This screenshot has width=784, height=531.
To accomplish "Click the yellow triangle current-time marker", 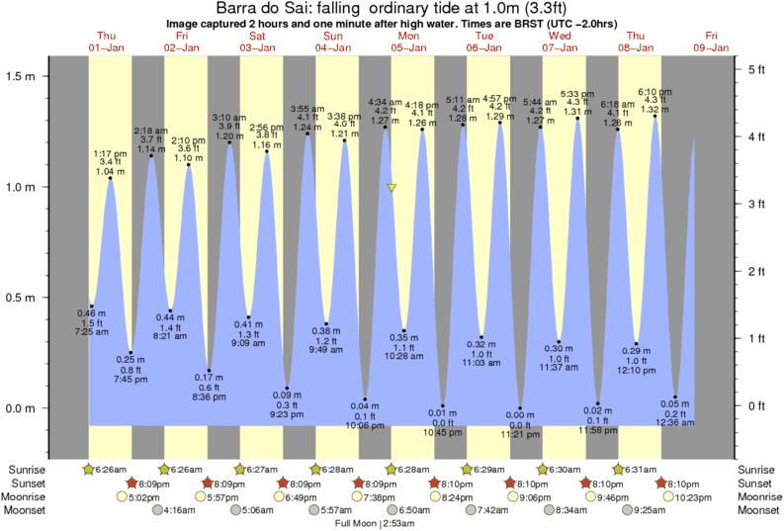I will click(392, 187).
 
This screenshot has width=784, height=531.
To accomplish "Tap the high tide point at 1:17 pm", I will click(110, 178).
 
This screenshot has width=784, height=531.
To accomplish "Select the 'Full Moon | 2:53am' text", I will click(376, 522).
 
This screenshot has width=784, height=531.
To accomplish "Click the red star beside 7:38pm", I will click(360, 483).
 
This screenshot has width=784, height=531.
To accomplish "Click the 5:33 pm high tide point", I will click(577, 119).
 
